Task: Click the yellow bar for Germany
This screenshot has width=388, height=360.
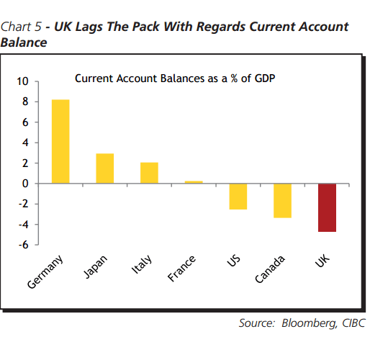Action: (60, 141)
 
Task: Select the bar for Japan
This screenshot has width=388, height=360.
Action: (105, 168)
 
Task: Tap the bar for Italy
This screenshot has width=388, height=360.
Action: (149, 173)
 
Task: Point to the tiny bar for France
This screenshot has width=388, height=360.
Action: (194, 182)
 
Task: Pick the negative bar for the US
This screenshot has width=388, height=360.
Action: (238, 197)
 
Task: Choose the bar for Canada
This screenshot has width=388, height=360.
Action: (282, 201)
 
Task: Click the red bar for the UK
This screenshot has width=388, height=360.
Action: (327, 207)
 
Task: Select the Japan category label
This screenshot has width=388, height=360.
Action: (96, 266)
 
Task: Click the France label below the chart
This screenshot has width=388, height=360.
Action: (183, 268)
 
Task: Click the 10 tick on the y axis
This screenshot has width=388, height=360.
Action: (23, 81)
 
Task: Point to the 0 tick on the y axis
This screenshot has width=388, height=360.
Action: (25, 184)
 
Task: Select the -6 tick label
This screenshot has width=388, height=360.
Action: (23, 245)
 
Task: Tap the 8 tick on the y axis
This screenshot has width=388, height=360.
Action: (25, 102)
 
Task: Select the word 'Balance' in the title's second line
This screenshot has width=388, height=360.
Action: (24, 42)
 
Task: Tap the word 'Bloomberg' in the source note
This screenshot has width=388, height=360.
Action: (306, 323)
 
